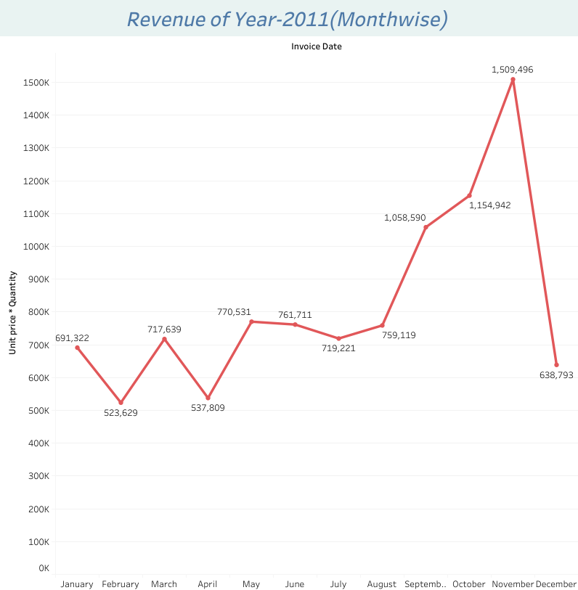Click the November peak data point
513,79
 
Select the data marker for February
121,402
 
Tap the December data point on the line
556,365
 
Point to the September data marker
426,227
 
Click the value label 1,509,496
513,70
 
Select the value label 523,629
121,413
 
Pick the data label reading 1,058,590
405,218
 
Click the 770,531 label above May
234,312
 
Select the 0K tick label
43,568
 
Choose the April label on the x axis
208,584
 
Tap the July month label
338,584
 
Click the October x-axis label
469,584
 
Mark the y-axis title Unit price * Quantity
12,313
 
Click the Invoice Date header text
317,46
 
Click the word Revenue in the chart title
168,20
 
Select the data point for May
251,321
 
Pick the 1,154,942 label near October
489,205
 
